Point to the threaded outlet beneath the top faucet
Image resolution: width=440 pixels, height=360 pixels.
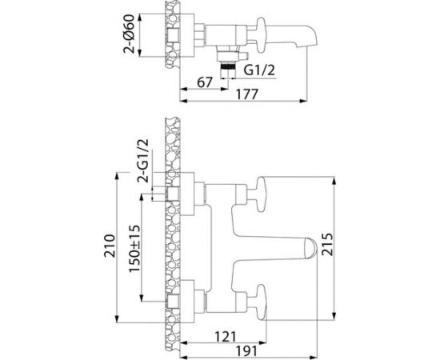[x=229, y=69]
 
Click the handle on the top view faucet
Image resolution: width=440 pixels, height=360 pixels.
[x=255, y=23]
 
